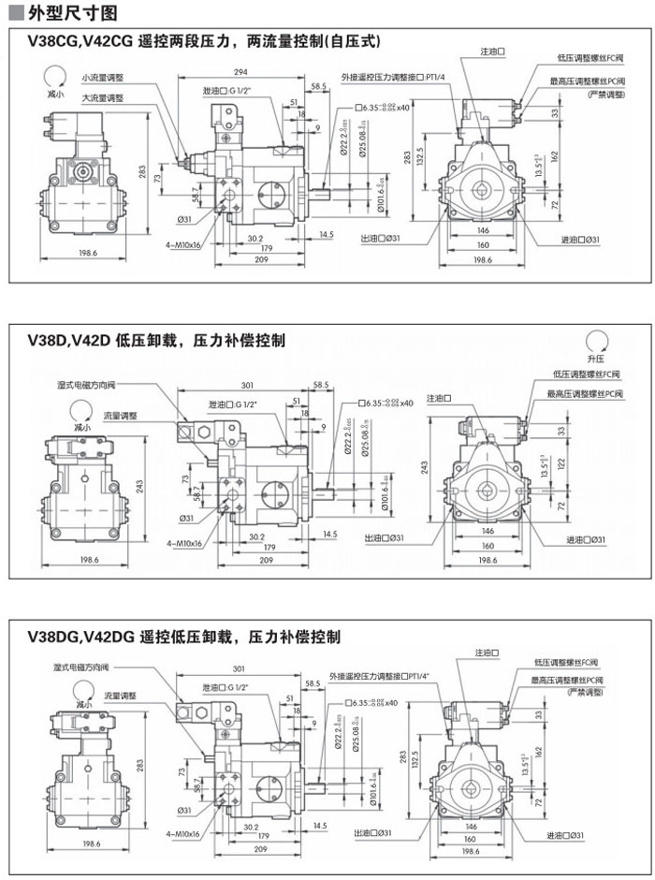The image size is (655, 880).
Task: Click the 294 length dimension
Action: tap(240, 72)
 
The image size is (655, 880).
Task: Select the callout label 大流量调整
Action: tap(103, 97)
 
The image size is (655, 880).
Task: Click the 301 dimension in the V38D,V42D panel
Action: tap(247, 385)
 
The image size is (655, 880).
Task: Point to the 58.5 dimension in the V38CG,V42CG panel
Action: tap(320, 86)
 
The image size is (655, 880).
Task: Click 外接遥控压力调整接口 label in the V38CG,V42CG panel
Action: tap(392, 76)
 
